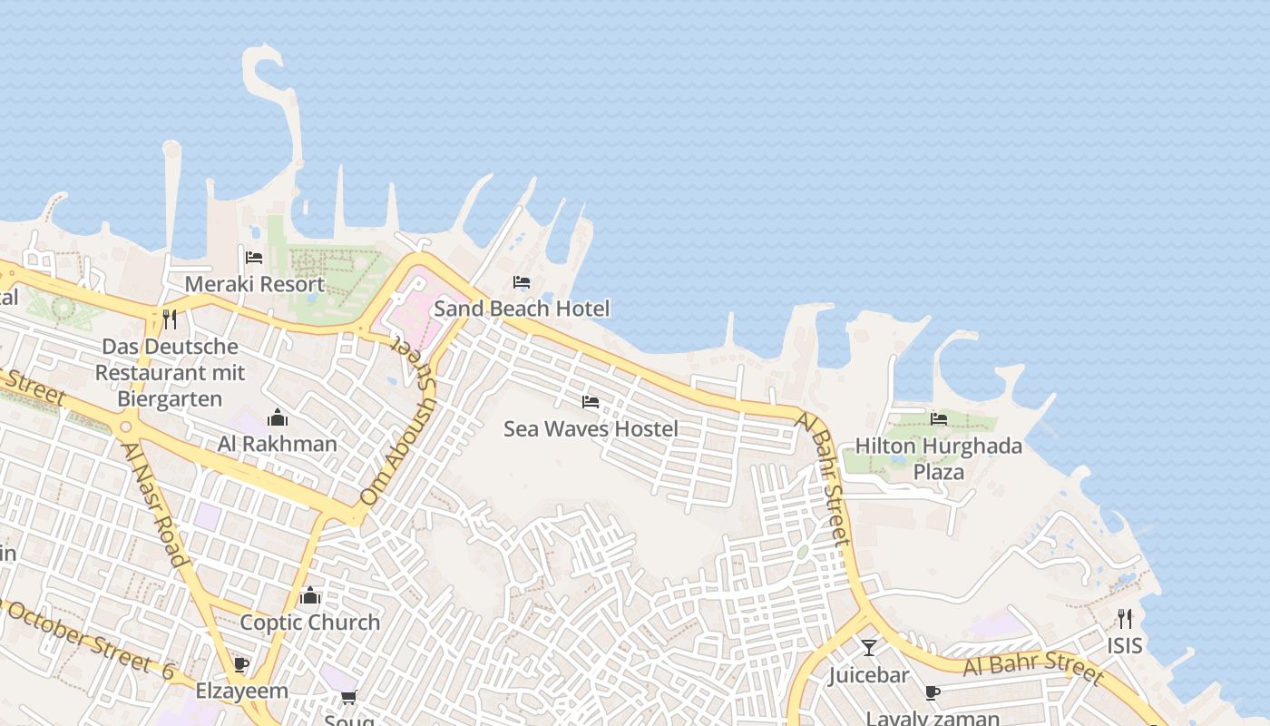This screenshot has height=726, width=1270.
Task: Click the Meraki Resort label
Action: pos(254,284)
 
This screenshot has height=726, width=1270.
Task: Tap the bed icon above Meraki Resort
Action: pos(254,258)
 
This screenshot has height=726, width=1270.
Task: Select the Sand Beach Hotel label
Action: pos(522,309)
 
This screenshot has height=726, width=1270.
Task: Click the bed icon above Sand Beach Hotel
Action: pos(522,282)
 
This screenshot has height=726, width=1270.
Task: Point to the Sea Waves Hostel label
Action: pos(591,428)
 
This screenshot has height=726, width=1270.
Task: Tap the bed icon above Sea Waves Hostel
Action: pos(591,401)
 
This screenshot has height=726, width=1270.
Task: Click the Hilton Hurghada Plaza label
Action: pos(939,459)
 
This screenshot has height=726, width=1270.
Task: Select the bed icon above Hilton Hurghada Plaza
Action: pos(939,418)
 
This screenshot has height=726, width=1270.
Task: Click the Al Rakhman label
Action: pos(277,444)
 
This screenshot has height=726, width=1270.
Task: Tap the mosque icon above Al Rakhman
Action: pos(278,417)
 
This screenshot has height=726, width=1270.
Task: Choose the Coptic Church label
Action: pos(309,623)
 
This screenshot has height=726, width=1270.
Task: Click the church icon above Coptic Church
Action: pos(310,596)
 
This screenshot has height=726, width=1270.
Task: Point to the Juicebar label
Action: pos(868,675)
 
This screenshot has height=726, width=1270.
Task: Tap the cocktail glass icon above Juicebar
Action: pos(869,648)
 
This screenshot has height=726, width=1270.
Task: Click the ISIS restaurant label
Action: pos(1124,646)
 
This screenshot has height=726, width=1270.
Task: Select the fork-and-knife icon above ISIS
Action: pos(1125,619)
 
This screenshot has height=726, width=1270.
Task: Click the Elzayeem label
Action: pos(241,692)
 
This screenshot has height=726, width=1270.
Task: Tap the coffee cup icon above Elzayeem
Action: pos(241,665)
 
